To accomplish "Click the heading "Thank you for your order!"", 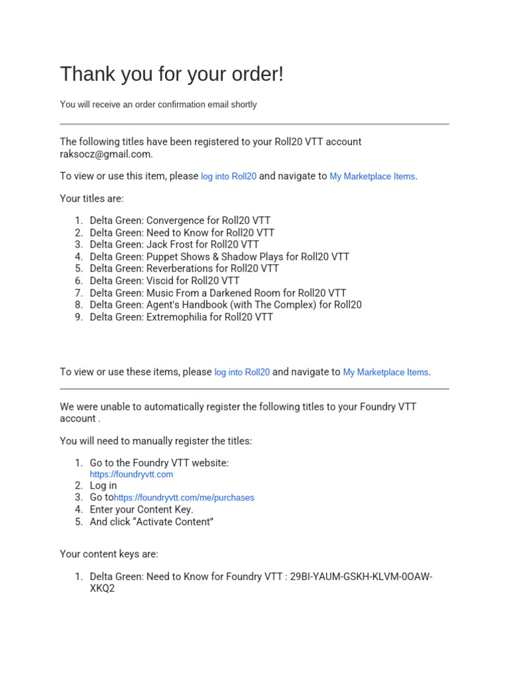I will (172, 74).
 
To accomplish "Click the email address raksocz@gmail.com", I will (105, 154).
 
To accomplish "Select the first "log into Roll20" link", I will (229, 177).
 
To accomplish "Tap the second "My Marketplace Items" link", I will (386, 372).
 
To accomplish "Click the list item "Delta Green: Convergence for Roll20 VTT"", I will (180, 220).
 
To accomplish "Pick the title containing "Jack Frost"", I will (174, 244).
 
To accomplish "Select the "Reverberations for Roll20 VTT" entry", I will (184, 269).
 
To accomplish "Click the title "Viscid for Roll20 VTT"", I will (164, 281).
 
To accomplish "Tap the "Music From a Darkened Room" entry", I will (218, 293).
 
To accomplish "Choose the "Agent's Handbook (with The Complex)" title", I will (225, 305).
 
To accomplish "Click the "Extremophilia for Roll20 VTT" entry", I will (181, 317).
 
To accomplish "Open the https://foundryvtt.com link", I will (131, 475).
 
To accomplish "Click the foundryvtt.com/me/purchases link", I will (184, 497).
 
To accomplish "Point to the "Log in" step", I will (103, 485).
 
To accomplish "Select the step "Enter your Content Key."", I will (141, 510).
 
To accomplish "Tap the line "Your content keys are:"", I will (109, 554).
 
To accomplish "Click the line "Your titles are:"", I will (91, 199).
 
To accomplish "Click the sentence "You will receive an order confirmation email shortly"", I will (158, 105).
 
